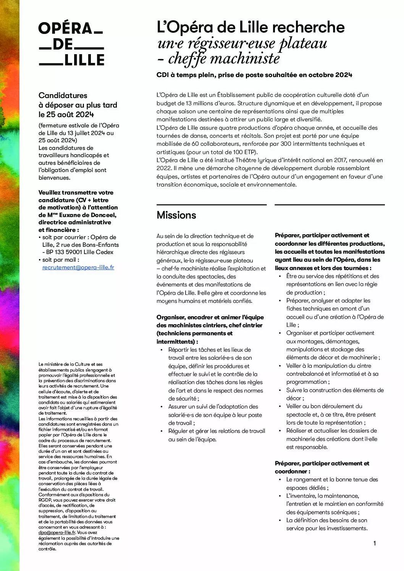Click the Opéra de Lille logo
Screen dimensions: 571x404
[x=71, y=44]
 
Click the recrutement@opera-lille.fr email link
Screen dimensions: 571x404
[x=78, y=267]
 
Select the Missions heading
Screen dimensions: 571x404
[x=176, y=215]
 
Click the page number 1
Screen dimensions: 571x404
[x=375, y=543]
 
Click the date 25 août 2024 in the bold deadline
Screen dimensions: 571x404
[x=66, y=114]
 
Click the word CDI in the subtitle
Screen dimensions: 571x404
[x=162, y=75]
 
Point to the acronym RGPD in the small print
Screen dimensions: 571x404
[x=46, y=500]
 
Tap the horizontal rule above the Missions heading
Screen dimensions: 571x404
[x=211, y=205]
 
